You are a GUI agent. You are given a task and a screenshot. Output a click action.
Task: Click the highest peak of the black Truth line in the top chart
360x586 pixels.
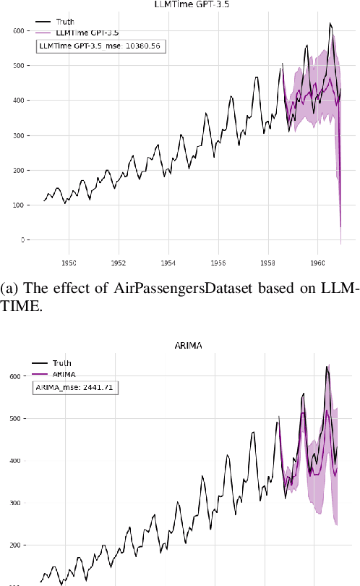click(330, 24)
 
